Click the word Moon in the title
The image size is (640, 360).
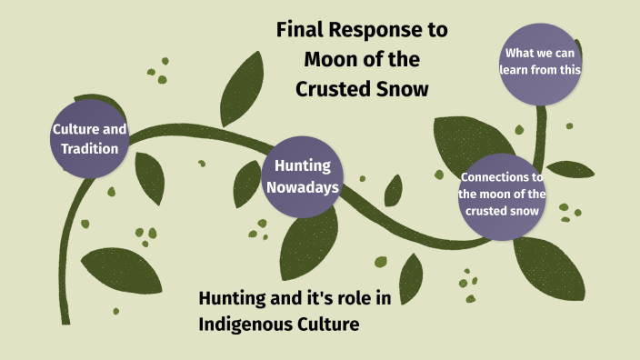(325, 61)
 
